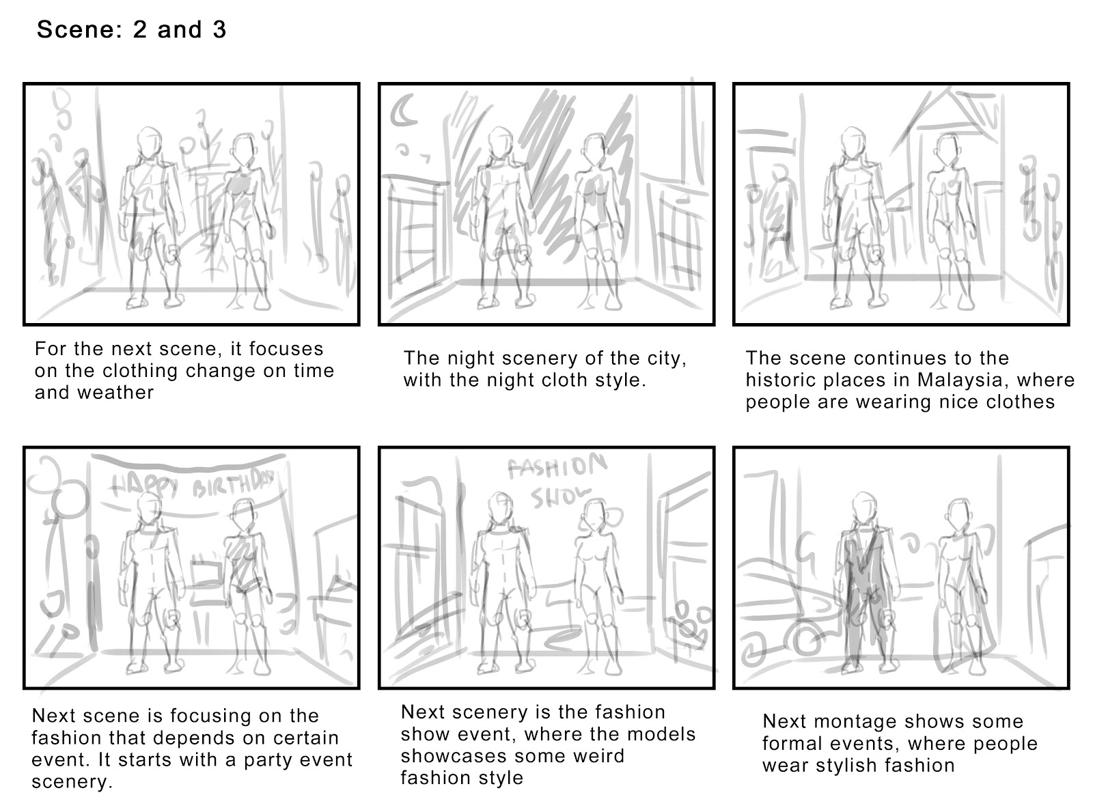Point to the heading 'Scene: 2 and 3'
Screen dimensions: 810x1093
point(131,30)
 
